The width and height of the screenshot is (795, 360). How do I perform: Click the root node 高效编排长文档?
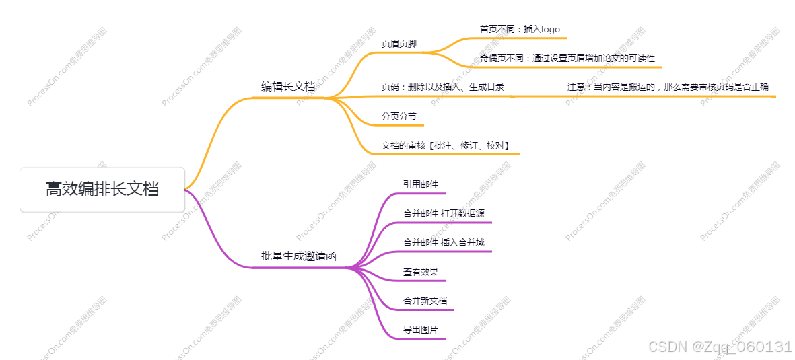102,190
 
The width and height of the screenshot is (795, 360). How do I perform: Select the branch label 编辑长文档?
288,87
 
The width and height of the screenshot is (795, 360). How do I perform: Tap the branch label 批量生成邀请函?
298,256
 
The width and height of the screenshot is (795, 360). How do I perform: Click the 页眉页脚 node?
399,44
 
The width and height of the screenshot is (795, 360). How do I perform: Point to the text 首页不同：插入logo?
519,30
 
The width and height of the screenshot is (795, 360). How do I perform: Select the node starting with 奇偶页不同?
567,58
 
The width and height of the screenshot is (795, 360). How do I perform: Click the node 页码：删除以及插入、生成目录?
443,87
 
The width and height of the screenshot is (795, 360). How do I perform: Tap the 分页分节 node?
399,116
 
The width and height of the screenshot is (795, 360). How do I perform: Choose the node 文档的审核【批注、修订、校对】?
445,145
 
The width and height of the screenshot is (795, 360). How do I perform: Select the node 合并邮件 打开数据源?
444,213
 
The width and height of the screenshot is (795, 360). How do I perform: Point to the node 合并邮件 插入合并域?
444,242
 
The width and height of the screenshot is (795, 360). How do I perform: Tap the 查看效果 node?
421,272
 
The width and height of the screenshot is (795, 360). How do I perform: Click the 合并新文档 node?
425,301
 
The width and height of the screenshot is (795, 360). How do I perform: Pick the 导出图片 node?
421,330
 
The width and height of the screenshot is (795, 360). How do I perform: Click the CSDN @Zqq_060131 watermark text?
719,347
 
